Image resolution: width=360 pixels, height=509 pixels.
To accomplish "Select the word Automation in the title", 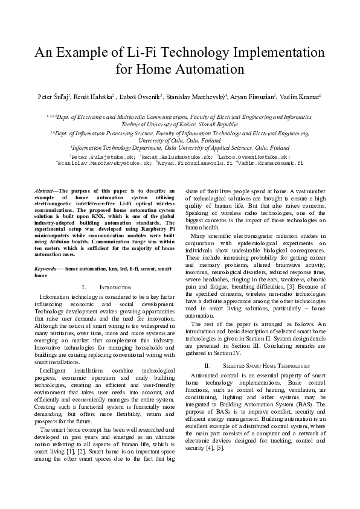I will click(212, 69).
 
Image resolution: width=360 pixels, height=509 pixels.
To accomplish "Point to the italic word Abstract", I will click(45, 191).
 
